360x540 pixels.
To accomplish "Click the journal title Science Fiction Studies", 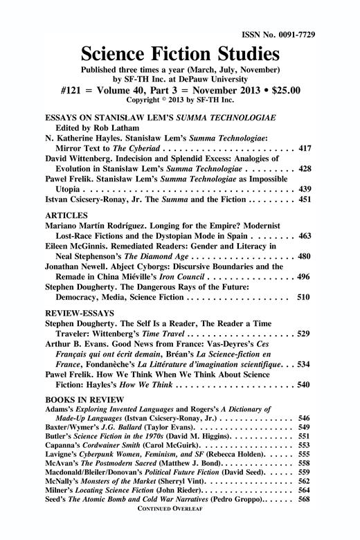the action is [180, 53].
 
